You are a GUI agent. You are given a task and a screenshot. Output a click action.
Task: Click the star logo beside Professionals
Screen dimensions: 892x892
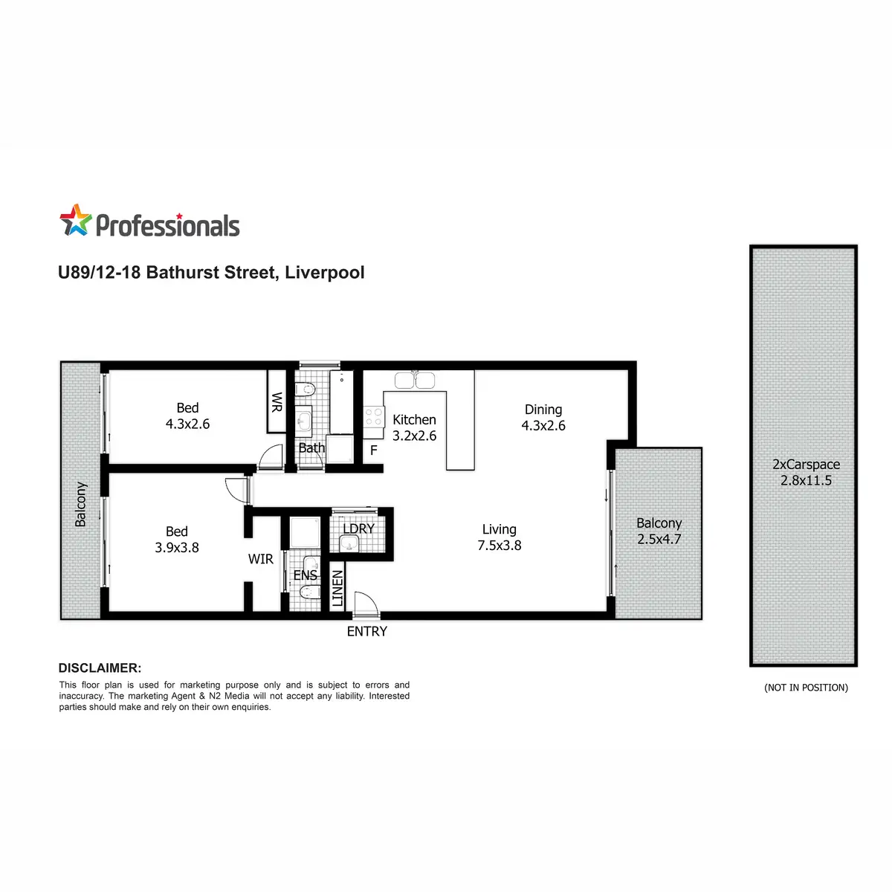(x=76, y=220)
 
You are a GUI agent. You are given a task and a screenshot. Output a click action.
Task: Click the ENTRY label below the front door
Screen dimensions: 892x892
(x=366, y=631)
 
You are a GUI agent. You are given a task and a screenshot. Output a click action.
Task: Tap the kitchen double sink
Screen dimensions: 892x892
(x=414, y=380)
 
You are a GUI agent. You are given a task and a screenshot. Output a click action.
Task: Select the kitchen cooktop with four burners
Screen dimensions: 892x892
(x=374, y=416)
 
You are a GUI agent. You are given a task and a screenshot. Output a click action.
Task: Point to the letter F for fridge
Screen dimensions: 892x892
(x=374, y=450)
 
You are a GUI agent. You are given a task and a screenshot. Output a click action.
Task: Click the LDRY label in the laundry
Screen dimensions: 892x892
(x=358, y=529)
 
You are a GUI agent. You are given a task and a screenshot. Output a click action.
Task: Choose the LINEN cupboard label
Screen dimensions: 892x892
(x=337, y=588)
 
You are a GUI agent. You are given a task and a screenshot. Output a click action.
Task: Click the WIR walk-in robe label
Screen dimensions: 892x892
(x=261, y=559)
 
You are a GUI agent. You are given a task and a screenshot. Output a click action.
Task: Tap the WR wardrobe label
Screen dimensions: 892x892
(x=277, y=402)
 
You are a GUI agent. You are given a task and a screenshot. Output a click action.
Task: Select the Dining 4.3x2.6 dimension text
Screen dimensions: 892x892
(x=543, y=418)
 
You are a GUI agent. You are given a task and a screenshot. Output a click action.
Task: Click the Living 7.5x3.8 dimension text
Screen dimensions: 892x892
(x=499, y=537)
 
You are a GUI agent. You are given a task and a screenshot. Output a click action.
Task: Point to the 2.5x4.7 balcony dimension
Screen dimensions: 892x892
(x=659, y=539)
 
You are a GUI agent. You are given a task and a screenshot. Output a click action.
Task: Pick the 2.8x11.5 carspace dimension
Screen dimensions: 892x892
(x=806, y=480)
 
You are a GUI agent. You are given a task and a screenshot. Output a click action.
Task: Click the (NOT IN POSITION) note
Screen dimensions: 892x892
(x=806, y=688)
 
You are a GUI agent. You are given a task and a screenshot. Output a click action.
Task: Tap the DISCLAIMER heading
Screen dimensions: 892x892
(x=100, y=668)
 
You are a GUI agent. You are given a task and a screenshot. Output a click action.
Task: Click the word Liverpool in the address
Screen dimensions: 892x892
(x=325, y=273)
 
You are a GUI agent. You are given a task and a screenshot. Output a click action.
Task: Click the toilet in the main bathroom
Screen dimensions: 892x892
(x=305, y=390)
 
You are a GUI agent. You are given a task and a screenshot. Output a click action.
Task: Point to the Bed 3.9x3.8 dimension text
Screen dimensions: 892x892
(x=177, y=539)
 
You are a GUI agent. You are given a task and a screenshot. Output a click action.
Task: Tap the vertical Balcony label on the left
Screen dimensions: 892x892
(x=80, y=504)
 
